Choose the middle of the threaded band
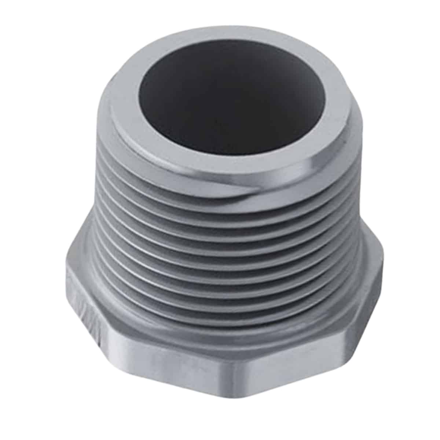220,257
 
